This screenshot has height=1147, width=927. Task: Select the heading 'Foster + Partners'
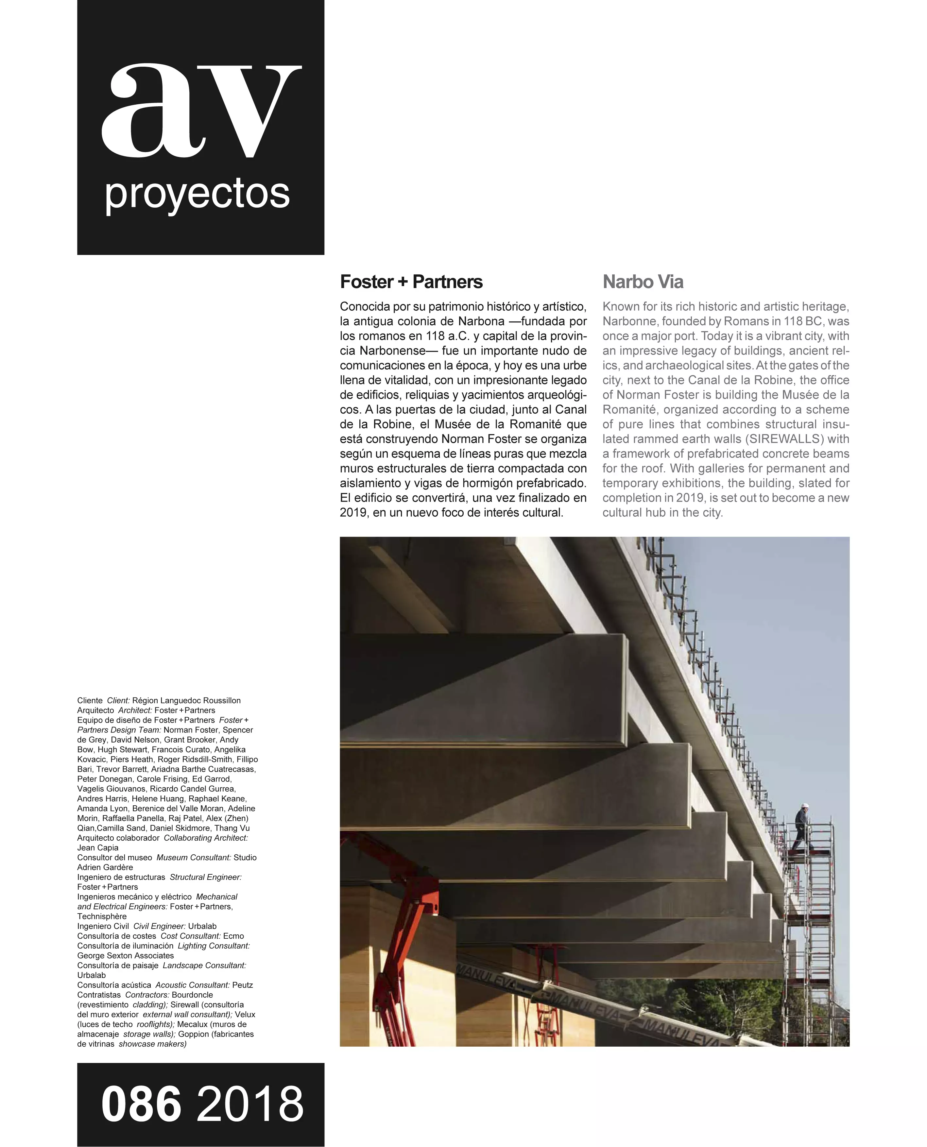pyautogui.click(x=411, y=282)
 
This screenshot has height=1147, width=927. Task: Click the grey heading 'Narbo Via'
pyautogui.click(x=643, y=282)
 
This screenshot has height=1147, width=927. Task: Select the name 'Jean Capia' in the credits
pyautogui.click(x=98, y=847)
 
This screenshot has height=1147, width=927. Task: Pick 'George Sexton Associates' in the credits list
pyautogui.click(x=126, y=955)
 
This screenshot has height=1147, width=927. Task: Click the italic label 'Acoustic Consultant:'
pyautogui.click(x=192, y=985)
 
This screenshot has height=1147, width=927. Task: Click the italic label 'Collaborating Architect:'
pyautogui.click(x=206, y=838)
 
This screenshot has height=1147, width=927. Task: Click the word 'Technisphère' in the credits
pyautogui.click(x=102, y=916)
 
